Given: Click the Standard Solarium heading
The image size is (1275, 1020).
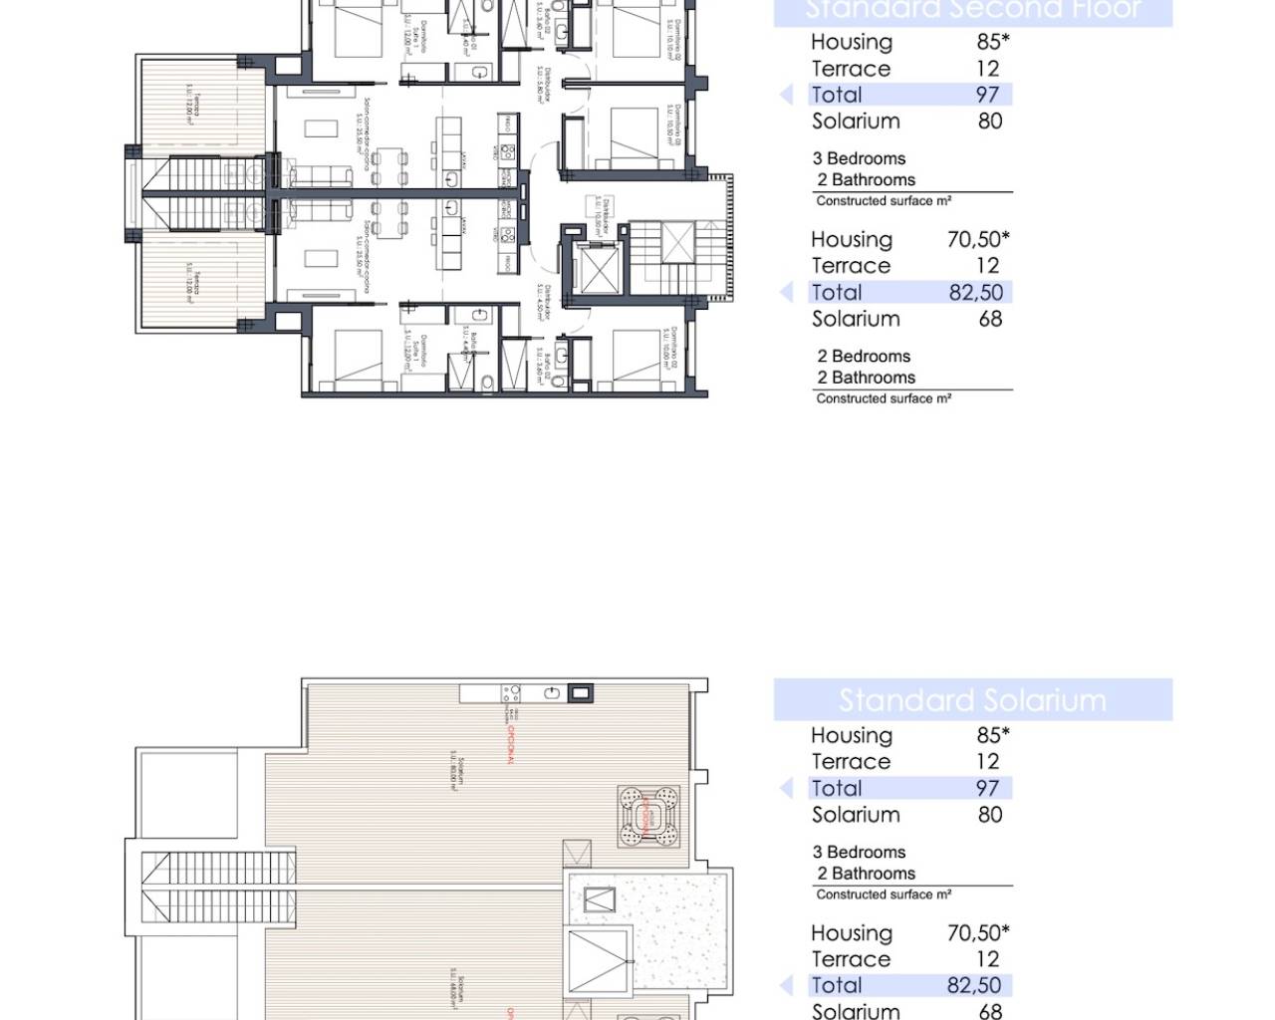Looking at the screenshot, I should tap(972, 700).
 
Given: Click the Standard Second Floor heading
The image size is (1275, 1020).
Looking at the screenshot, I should tap(972, 10).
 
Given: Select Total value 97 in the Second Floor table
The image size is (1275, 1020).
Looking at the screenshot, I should tap(986, 95).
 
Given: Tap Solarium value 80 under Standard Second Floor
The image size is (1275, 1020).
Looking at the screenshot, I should tap(989, 122).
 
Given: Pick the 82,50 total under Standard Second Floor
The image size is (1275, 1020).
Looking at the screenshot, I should tap(975, 292).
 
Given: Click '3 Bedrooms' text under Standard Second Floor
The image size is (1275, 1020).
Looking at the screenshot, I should tap(859, 158).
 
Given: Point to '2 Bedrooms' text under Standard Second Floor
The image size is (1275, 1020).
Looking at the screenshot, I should tap(864, 357).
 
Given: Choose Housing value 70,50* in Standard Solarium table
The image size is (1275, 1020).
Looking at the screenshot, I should tap(977, 933).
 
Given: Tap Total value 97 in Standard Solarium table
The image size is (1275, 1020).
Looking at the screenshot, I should tap(986, 788).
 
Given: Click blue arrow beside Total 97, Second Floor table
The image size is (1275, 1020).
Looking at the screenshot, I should tap(787, 95).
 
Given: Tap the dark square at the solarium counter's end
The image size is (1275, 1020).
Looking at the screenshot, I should tap(580, 693).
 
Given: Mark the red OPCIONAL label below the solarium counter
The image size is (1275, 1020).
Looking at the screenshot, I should tap(510, 743).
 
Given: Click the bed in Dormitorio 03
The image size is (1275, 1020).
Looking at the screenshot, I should tap(636, 134).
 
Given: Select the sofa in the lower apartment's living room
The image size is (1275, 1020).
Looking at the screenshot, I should tap(321, 211).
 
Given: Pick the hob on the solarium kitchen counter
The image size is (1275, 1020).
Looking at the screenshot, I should tap(511, 693).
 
